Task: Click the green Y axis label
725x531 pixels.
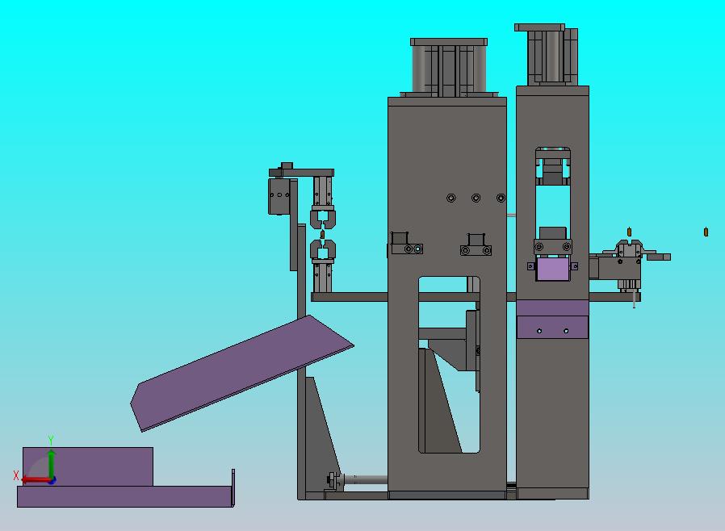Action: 51,440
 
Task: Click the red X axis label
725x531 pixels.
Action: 16,475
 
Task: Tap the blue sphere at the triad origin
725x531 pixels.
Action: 52,481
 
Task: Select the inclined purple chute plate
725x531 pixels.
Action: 242,373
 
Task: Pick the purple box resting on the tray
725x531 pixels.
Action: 88,466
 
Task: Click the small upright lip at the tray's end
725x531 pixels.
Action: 233,487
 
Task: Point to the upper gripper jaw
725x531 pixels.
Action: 323,219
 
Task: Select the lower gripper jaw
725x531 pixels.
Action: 323,249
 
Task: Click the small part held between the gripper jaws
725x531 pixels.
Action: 322,235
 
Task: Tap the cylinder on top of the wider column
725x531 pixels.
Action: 449,68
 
